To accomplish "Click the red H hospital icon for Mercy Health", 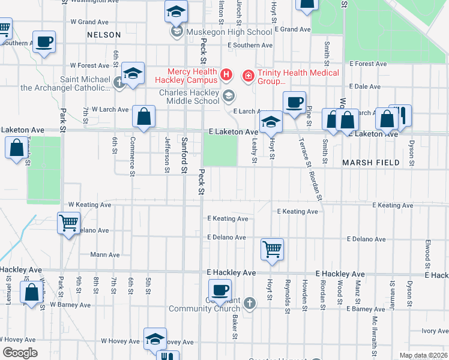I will point(226,75).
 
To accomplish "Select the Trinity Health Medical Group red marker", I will point(247,76).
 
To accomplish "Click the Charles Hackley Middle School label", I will point(189,97).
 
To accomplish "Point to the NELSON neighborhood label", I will point(104,35).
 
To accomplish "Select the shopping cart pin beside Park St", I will point(69,223).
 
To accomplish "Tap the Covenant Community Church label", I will point(204,305).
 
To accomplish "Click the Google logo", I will point(20,352).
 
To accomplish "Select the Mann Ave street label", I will point(104,254).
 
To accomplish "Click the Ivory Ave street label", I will point(435,331).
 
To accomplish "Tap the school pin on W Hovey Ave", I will point(155,338).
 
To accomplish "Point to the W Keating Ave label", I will point(89,205).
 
